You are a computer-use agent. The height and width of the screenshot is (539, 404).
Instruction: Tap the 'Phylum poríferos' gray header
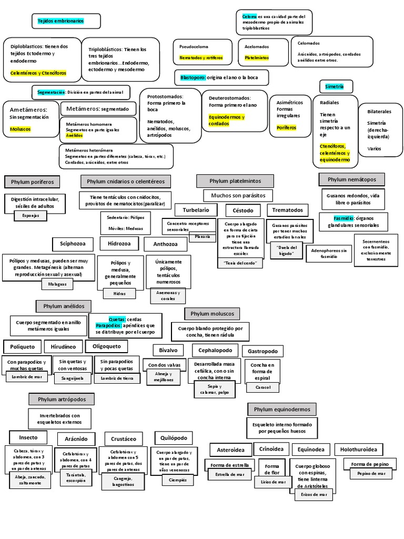tap(32, 182)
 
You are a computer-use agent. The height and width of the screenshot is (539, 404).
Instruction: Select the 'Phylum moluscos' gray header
tap(212, 314)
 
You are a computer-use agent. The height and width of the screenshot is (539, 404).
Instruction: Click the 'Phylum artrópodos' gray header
tap(62, 400)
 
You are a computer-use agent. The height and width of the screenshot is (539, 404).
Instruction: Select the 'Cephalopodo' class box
tap(215, 350)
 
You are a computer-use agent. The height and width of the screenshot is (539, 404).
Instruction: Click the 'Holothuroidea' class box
tap(358, 450)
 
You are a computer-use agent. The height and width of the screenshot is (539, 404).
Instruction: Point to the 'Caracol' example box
tap(263, 387)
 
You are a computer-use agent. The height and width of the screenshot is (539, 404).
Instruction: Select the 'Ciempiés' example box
tap(174, 480)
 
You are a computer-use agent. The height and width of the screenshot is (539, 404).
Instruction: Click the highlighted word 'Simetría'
tap(335, 86)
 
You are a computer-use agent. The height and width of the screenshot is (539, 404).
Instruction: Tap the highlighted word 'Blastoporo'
tap(193, 77)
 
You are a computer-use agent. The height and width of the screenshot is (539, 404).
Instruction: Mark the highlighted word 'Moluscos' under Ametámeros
tap(21, 129)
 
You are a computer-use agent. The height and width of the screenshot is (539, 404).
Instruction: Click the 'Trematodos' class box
tap(288, 210)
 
